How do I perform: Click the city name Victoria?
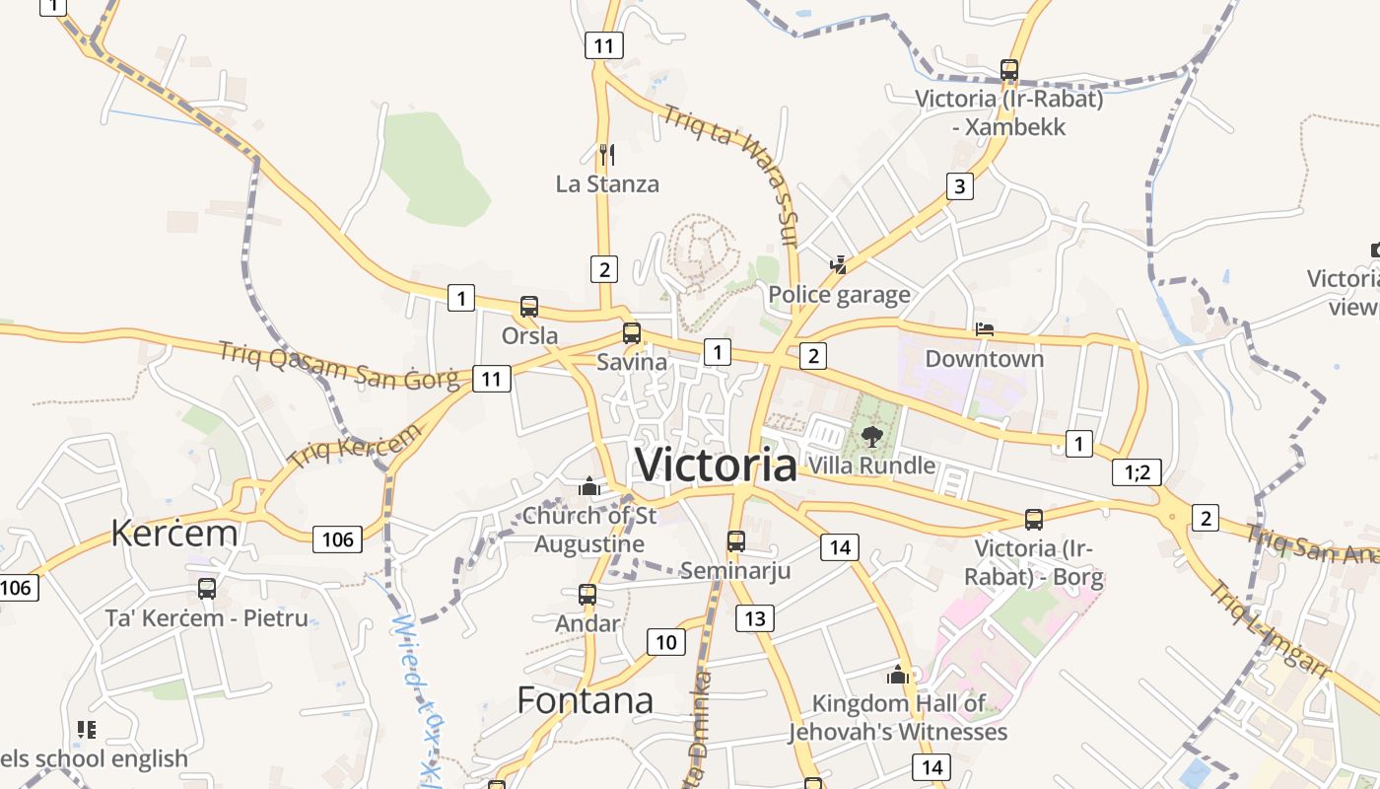pos(716,465)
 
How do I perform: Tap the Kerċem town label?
pos(174,534)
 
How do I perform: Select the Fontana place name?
pos(585,700)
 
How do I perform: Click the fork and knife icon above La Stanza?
pos(606,154)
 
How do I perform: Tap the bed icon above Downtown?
pos(984,329)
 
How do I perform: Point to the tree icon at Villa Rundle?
pos(871,436)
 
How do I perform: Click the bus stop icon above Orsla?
pos(529,307)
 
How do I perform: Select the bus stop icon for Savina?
pos(632,333)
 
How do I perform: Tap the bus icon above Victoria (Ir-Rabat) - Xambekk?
pos(1008,70)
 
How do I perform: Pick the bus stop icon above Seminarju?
pos(735,541)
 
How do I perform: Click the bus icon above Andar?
pos(587,595)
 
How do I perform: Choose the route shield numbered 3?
pos(960,185)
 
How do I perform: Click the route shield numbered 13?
pos(754,618)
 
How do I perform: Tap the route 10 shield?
pos(666,642)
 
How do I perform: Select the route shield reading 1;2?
pos(1137,472)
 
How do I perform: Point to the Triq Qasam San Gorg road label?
pos(338,366)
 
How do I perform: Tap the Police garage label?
pos(839,295)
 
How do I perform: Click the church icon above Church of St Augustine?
pos(589,486)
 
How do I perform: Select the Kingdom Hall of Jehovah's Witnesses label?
pos(897,718)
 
